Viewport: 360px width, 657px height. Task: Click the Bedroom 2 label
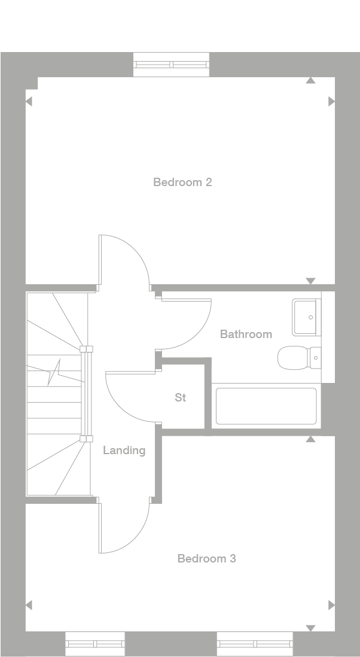coord(182,182)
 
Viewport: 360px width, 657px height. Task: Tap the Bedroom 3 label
coord(207,558)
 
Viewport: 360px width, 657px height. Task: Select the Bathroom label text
coord(246,334)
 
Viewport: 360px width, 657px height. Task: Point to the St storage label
coord(181,397)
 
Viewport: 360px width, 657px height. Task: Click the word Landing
coord(124,451)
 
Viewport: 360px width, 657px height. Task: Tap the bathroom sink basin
coord(306,317)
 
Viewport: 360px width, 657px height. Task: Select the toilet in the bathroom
coord(299,358)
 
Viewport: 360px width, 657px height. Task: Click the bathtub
coord(266,406)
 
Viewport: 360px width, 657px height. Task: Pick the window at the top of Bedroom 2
coord(171,65)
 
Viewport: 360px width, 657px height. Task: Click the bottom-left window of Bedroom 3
coord(95,644)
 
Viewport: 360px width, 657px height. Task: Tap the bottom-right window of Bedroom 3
coord(255,644)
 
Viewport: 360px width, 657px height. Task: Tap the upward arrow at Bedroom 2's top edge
coord(310,80)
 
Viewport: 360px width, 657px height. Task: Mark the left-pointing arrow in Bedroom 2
coord(29,101)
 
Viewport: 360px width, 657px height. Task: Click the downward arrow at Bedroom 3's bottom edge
coord(310,628)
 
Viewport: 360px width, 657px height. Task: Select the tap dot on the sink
coord(310,317)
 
